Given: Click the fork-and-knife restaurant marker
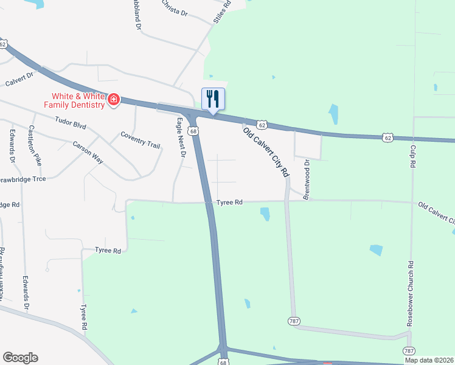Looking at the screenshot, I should click(213, 99).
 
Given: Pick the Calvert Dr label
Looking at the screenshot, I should click(21, 80).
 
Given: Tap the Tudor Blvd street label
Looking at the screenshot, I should click(70, 123).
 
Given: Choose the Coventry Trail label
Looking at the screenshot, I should click(140, 139).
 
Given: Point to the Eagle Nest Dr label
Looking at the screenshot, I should click(181, 137).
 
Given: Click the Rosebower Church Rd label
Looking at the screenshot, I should click(411, 293).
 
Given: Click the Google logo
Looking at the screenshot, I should click(20, 358).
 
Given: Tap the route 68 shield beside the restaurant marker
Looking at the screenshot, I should click(193, 131).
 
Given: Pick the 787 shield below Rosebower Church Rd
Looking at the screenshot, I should click(409, 351).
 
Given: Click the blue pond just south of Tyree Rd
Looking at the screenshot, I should click(265, 214).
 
